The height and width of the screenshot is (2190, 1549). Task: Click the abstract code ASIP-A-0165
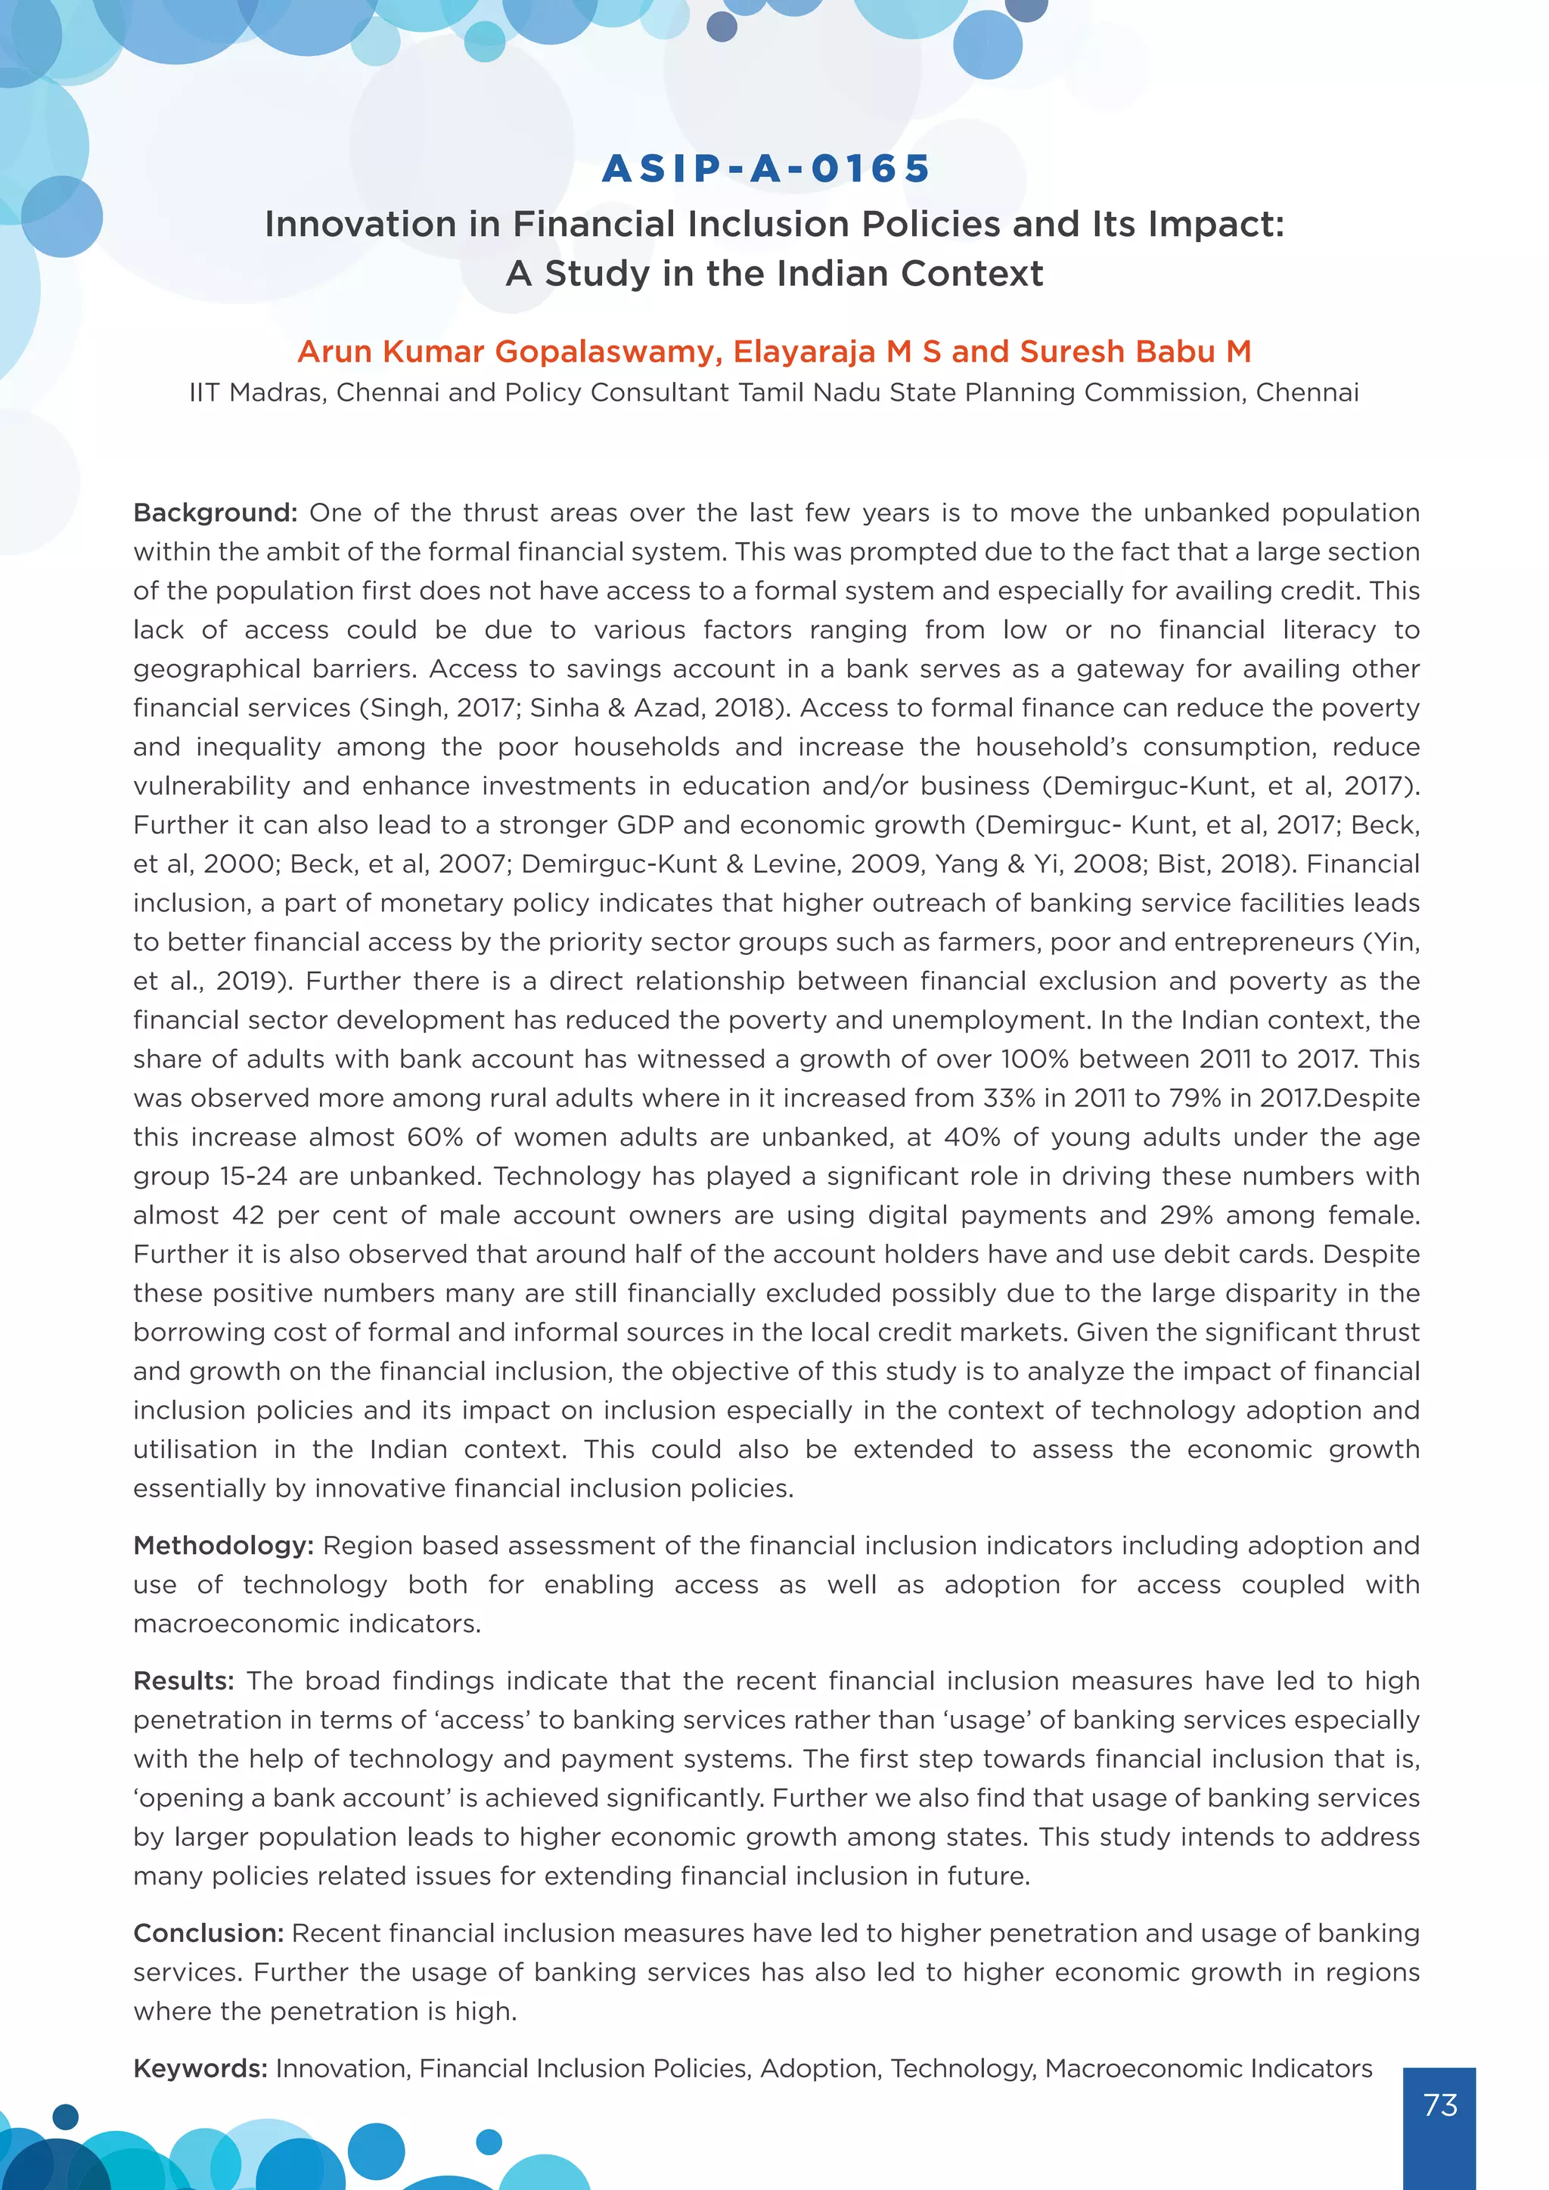(x=767, y=169)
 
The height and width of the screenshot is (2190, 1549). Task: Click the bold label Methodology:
(x=223, y=1545)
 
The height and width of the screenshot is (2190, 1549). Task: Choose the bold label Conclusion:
(x=208, y=1932)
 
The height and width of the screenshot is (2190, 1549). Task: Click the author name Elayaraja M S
(x=837, y=352)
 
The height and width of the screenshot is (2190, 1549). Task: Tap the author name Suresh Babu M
(x=1135, y=352)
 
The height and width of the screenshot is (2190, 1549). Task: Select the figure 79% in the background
(x=1195, y=1098)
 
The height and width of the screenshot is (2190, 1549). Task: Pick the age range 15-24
(x=253, y=1176)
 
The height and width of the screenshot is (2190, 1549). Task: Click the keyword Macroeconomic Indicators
(x=1208, y=2068)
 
